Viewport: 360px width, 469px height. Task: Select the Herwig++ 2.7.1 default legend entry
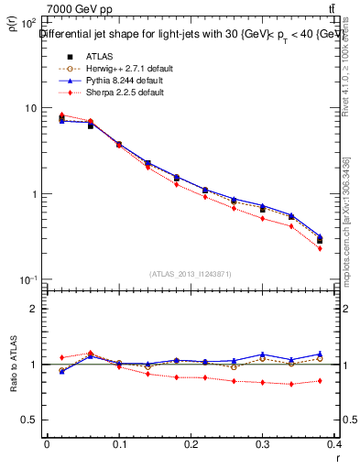pos(128,69)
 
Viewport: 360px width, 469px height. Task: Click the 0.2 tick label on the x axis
pos(191,444)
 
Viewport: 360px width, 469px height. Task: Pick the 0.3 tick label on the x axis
pos(263,444)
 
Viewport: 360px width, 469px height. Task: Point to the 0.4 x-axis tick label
pos(335,444)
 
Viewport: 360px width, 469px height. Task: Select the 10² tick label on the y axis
pos(28,21)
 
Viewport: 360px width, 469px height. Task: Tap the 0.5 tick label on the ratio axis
pos(28,420)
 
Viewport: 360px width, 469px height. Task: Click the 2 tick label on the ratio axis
pos(33,309)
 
